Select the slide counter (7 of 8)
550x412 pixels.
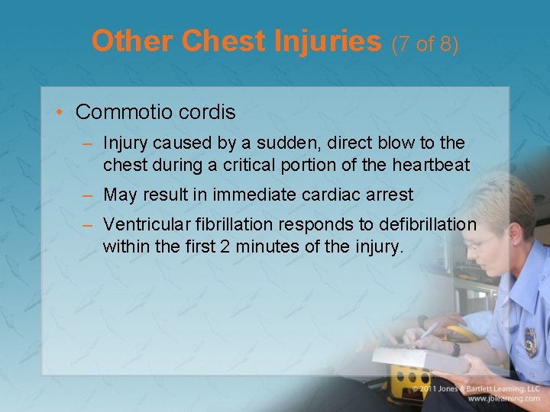425,43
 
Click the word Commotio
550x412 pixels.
122,112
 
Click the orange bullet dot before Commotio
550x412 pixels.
60,113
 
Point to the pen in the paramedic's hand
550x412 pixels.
427,332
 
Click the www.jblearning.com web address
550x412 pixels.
505,398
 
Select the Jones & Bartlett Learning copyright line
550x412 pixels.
477,388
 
